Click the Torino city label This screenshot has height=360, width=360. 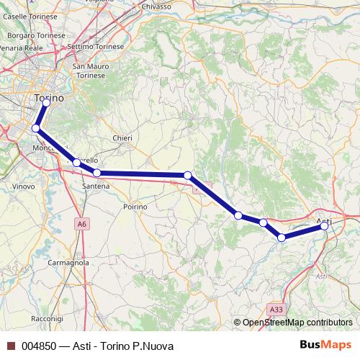tap(50, 96)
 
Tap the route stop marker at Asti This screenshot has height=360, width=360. tap(325, 226)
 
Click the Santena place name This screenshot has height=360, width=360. tap(96, 186)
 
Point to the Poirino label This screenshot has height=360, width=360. tap(135, 206)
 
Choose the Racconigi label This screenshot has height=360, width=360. tap(48, 318)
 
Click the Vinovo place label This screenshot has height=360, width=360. tap(24, 186)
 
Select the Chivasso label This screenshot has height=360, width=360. tap(156, 6)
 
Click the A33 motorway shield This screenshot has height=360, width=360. tap(275, 310)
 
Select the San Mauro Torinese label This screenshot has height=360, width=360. tap(90, 71)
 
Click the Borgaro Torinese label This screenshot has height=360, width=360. tap(32, 35)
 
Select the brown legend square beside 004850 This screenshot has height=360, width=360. tap(9, 346)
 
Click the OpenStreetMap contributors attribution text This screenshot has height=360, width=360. tap(297, 323)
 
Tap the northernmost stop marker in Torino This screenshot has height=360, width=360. tap(46, 102)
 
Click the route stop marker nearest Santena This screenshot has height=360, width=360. tap(97, 173)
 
